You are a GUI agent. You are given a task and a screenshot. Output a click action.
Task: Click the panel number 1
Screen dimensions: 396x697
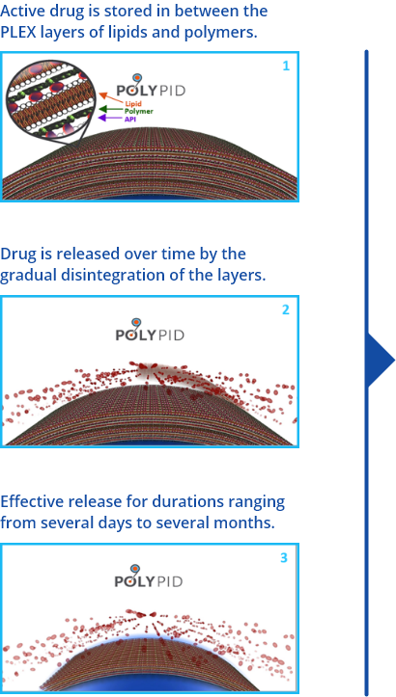point(286,67)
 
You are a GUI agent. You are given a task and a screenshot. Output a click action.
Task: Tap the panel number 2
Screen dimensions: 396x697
point(286,309)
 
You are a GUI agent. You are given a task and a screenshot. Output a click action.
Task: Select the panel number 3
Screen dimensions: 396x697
point(284,557)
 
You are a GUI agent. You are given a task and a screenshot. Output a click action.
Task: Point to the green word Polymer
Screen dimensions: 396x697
point(138,111)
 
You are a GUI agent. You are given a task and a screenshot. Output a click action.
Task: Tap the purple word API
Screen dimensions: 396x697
point(130,119)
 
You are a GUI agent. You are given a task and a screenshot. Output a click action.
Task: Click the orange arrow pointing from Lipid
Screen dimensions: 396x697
point(110,97)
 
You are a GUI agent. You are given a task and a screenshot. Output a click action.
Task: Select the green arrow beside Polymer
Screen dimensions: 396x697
point(110,109)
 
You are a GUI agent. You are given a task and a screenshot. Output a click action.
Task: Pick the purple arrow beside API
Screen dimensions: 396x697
point(110,118)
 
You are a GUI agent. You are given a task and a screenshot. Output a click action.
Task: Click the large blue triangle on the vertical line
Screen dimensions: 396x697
point(379,360)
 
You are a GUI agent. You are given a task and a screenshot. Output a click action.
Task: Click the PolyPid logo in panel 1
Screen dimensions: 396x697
point(151,86)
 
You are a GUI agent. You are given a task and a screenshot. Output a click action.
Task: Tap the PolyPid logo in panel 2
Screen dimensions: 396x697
point(150,330)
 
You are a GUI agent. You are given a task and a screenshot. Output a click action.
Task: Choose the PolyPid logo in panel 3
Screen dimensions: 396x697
point(149,576)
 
